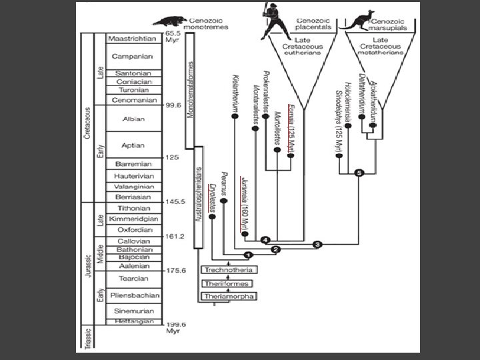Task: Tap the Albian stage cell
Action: point(134,119)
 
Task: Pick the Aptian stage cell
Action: point(134,145)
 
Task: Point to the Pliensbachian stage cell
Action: point(134,295)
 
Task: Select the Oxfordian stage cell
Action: point(134,229)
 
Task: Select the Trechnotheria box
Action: point(228,269)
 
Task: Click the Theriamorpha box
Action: point(228,295)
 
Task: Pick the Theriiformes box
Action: point(228,283)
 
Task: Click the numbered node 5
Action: point(359,173)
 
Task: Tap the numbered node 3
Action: point(317,245)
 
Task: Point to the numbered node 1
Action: point(248,255)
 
